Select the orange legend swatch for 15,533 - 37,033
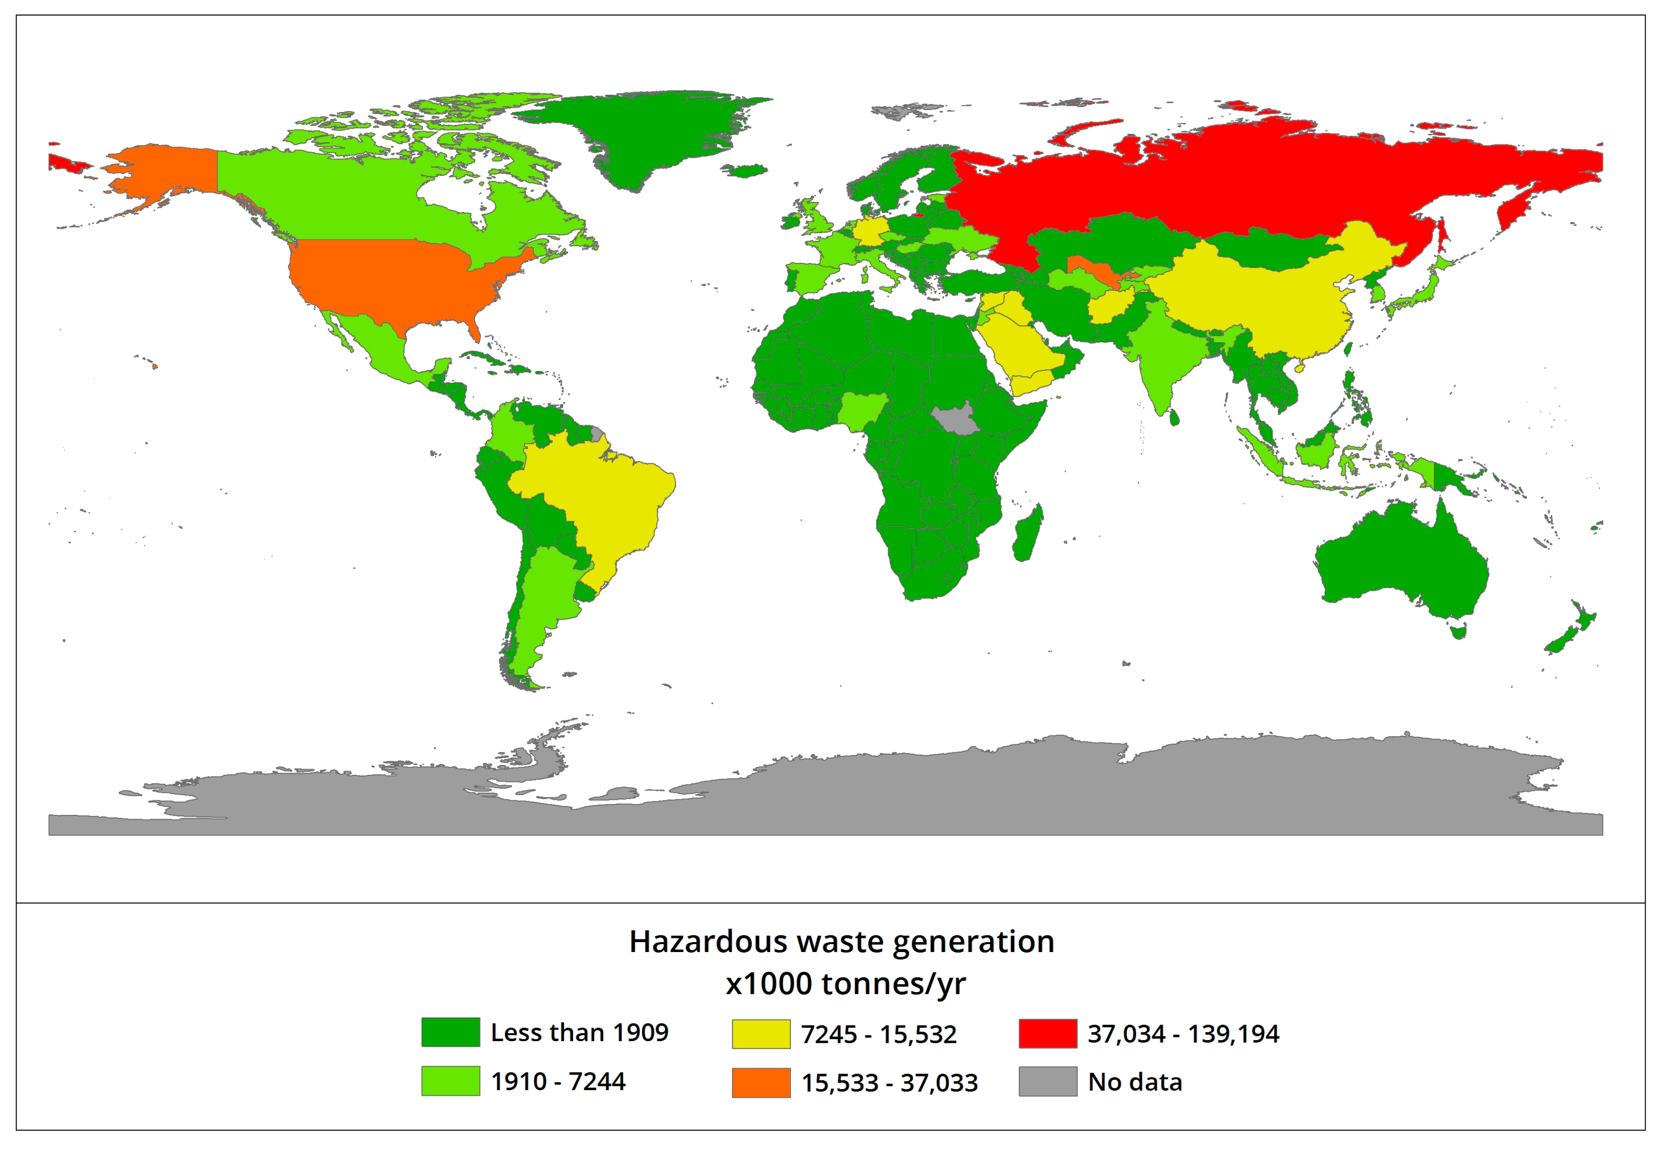click(760, 1082)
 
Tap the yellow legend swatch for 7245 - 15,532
click(760, 1033)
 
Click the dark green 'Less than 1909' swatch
click(450, 1032)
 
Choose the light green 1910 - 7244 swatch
click(450, 1081)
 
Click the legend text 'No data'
click(1135, 1082)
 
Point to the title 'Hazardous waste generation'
click(841, 941)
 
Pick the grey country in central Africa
click(955, 420)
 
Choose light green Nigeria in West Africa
click(861, 409)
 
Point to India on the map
click(1164, 353)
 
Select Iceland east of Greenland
click(746, 171)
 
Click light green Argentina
click(540, 598)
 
